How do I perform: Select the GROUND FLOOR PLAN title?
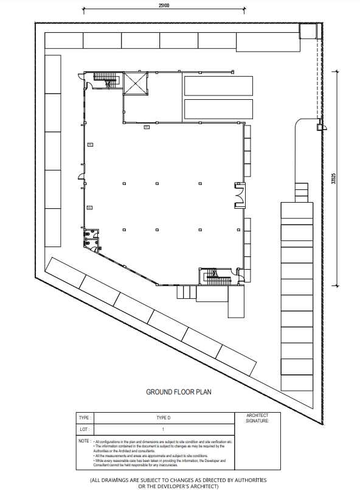tap(179, 392)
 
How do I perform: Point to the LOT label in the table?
tap(84, 429)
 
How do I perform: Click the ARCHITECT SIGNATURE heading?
tap(257, 418)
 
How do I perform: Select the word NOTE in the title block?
tap(84, 440)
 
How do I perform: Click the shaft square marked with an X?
tap(135, 83)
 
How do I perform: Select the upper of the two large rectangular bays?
tap(218, 86)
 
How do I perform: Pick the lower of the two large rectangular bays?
tap(218, 109)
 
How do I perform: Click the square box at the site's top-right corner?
tap(308, 31)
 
